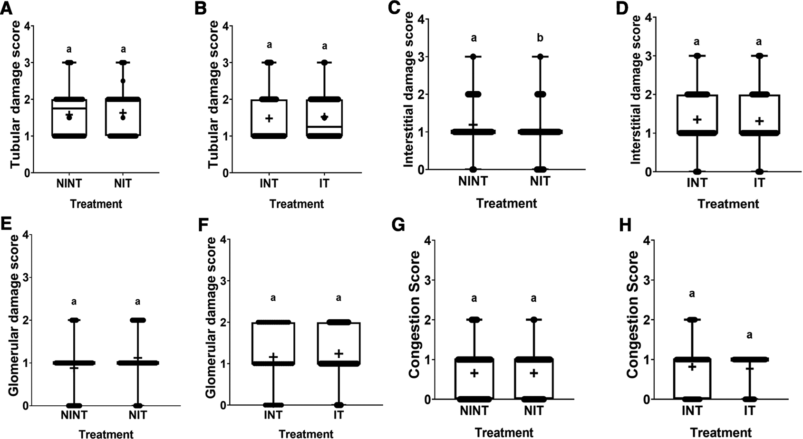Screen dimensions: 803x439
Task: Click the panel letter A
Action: coord(7,8)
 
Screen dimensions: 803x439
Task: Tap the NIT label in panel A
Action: coord(123,183)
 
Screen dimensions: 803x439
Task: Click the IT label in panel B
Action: coord(324,183)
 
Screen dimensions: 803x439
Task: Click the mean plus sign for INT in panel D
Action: coord(697,120)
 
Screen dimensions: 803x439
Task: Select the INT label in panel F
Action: coord(273,415)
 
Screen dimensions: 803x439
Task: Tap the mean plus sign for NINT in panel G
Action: coord(474,373)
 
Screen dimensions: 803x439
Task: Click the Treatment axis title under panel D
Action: coord(728,204)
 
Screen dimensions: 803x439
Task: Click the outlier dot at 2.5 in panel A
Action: coord(123,81)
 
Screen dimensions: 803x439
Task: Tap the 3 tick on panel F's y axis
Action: coord(224,280)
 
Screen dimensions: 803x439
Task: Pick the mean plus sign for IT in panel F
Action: coord(339,353)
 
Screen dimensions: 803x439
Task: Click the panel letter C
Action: coord(394,8)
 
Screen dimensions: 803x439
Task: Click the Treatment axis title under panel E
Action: coord(106,434)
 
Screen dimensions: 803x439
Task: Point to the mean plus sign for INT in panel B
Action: coord(269,118)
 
